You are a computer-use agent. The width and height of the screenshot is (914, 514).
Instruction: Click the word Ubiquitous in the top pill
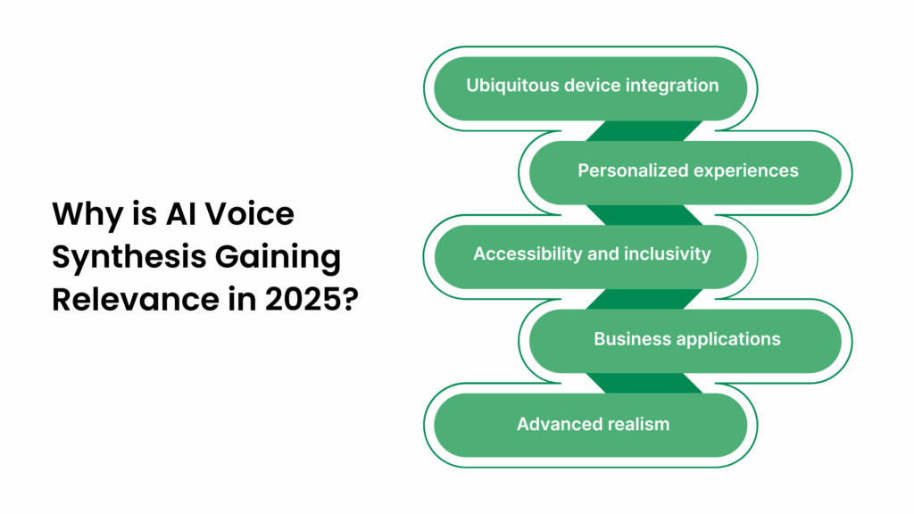(505, 86)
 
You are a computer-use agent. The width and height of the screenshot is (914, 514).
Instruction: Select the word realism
(636, 424)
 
